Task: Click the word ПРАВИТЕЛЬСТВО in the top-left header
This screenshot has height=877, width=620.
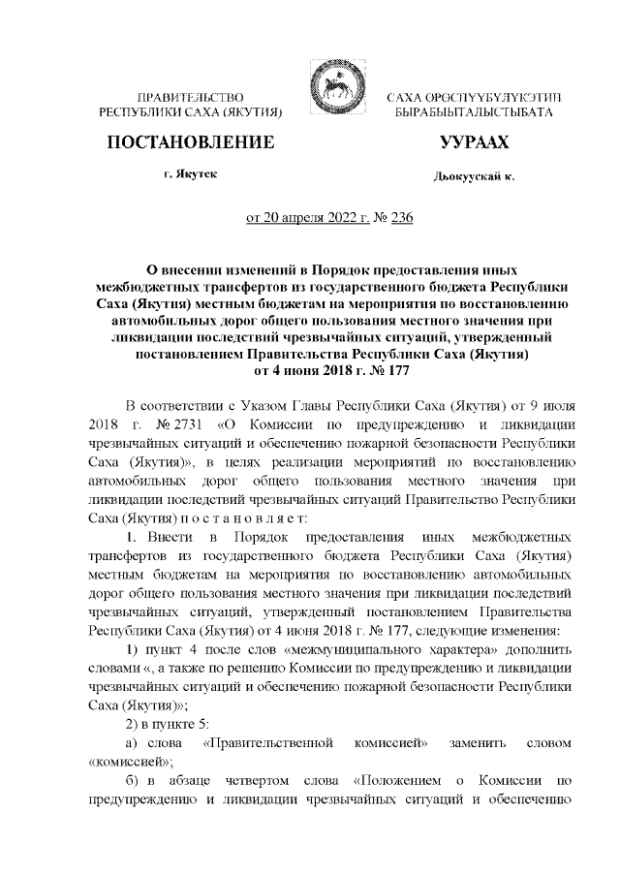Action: [x=190, y=99]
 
